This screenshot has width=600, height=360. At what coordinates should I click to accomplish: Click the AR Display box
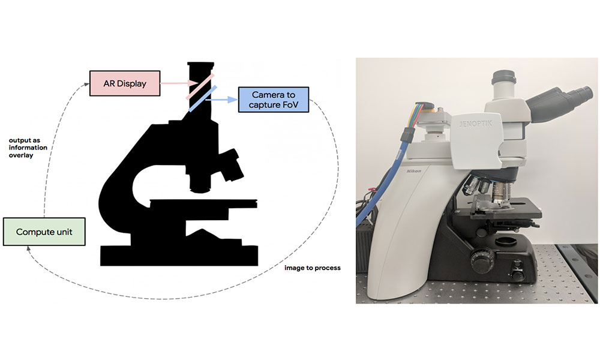(x=125, y=83)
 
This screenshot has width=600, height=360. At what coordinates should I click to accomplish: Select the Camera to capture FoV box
(x=273, y=100)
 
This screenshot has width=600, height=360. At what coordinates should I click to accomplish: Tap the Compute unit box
(x=44, y=232)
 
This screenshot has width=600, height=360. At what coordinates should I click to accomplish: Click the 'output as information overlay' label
(x=28, y=148)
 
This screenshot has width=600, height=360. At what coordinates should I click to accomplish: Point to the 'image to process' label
(x=312, y=268)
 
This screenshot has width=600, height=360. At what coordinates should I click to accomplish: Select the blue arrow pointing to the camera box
(x=221, y=100)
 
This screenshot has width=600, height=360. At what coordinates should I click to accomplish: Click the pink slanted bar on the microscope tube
(x=199, y=86)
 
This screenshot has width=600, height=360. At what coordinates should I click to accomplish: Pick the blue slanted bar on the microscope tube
(x=203, y=99)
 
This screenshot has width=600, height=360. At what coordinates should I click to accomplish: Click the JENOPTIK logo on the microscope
(x=476, y=124)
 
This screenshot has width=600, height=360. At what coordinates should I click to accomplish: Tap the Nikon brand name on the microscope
(x=413, y=170)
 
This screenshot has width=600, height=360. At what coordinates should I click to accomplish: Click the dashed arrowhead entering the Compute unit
(x=29, y=249)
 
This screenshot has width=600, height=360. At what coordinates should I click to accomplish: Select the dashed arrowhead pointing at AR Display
(x=86, y=85)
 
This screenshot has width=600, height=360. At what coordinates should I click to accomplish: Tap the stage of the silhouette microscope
(x=203, y=203)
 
